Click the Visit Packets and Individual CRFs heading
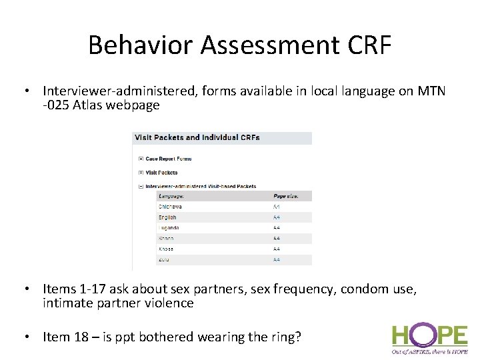tap(197, 137)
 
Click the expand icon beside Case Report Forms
tap(141, 159)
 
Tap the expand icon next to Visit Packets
tap(141, 173)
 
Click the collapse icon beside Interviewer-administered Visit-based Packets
tap(141, 187)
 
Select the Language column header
tap(171, 196)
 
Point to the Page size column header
tap(286, 196)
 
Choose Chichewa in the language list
tap(170, 207)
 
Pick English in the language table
tap(167, 217)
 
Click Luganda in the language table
tap(169, 228)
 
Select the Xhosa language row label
tap(167, 249)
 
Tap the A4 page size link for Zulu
tap(277, 260)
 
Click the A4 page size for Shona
tap(277, 239)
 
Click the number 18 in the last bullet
tap(77, 337)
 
